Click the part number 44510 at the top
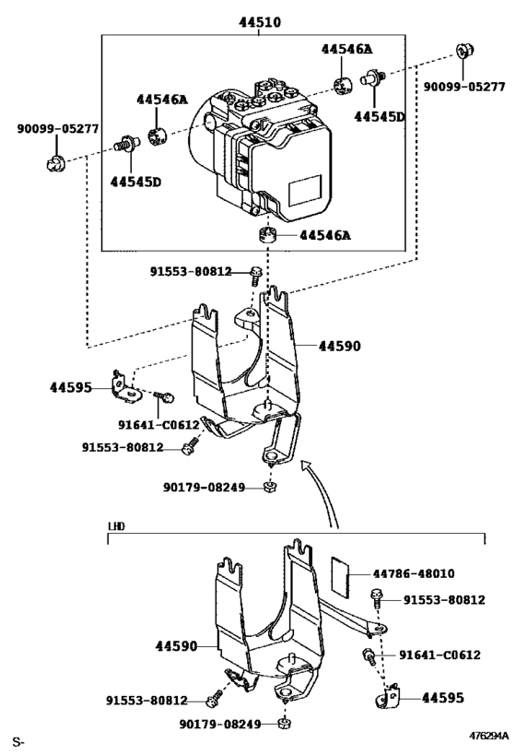257,21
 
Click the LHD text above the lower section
116,526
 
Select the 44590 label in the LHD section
174,646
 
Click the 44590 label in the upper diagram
340,347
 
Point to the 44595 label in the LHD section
443,698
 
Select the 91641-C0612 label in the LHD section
440,655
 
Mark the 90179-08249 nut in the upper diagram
270,487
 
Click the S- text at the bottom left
18,741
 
